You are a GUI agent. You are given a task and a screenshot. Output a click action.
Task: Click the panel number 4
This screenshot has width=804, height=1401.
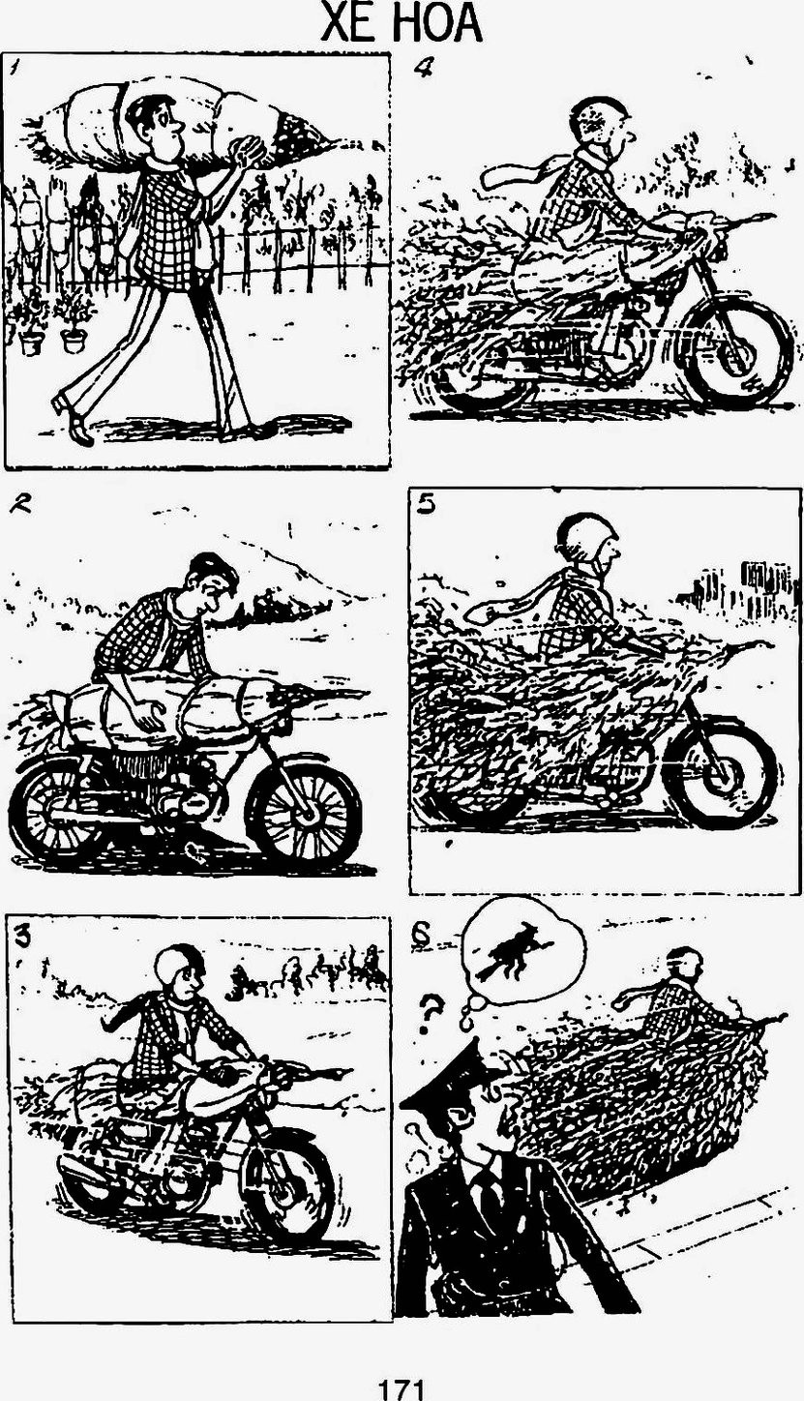click(423, 67)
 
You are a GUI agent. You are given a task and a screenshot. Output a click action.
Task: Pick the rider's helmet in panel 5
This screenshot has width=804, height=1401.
click(586, 537)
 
